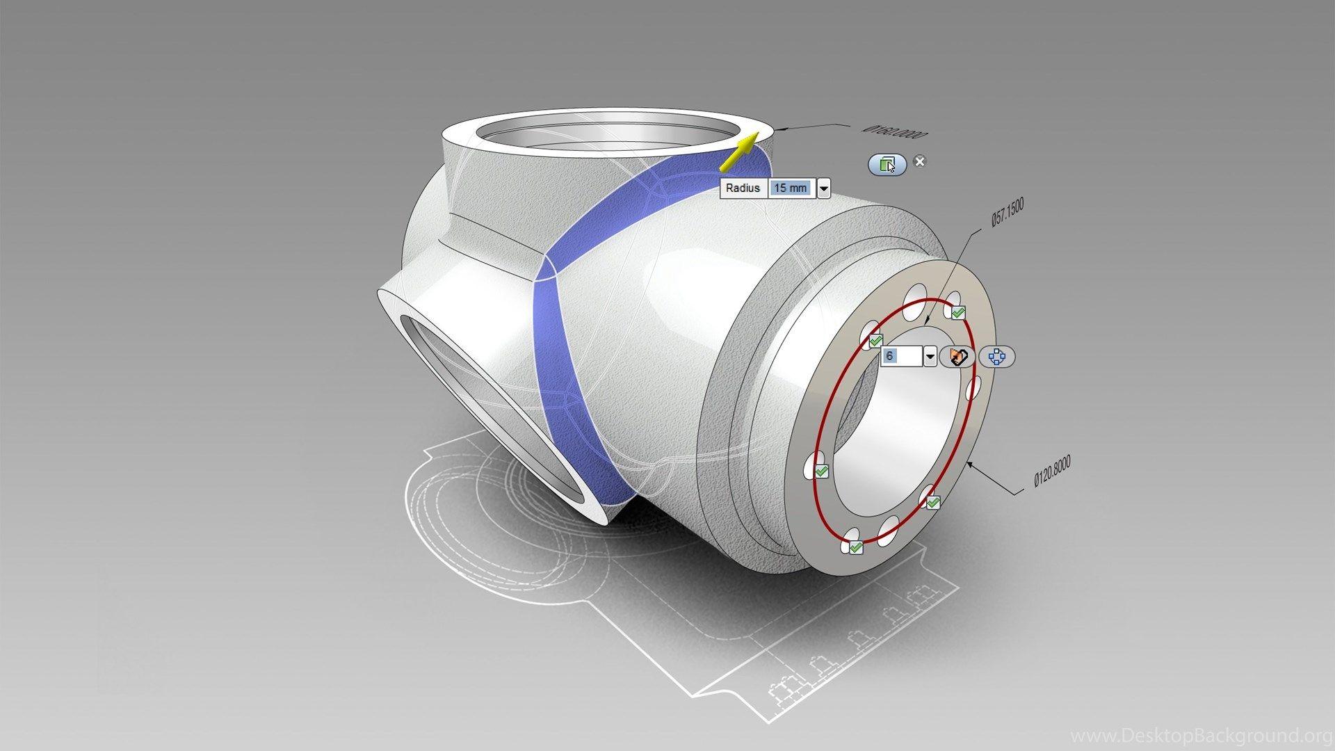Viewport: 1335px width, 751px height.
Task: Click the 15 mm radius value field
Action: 791,188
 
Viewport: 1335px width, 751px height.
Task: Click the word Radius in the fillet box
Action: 743,188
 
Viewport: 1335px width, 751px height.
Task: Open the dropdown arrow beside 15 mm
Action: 824,188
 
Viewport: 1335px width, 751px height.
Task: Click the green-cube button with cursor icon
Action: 887,165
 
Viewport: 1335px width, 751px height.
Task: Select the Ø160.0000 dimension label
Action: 894,131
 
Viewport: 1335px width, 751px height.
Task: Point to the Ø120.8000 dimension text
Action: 1052,471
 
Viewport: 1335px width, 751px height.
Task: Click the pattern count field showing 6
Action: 901,357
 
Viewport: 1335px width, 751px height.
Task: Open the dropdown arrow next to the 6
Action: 930,357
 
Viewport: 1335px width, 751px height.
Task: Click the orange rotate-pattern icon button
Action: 958,357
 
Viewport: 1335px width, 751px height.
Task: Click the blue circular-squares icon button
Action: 997,357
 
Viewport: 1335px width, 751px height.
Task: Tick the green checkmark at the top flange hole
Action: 958,313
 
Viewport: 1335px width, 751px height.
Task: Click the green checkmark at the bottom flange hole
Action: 856,548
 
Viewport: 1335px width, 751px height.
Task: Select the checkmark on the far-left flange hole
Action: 821,471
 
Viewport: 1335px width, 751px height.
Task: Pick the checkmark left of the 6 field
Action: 875,341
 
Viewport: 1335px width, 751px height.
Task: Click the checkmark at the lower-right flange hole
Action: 933,502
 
